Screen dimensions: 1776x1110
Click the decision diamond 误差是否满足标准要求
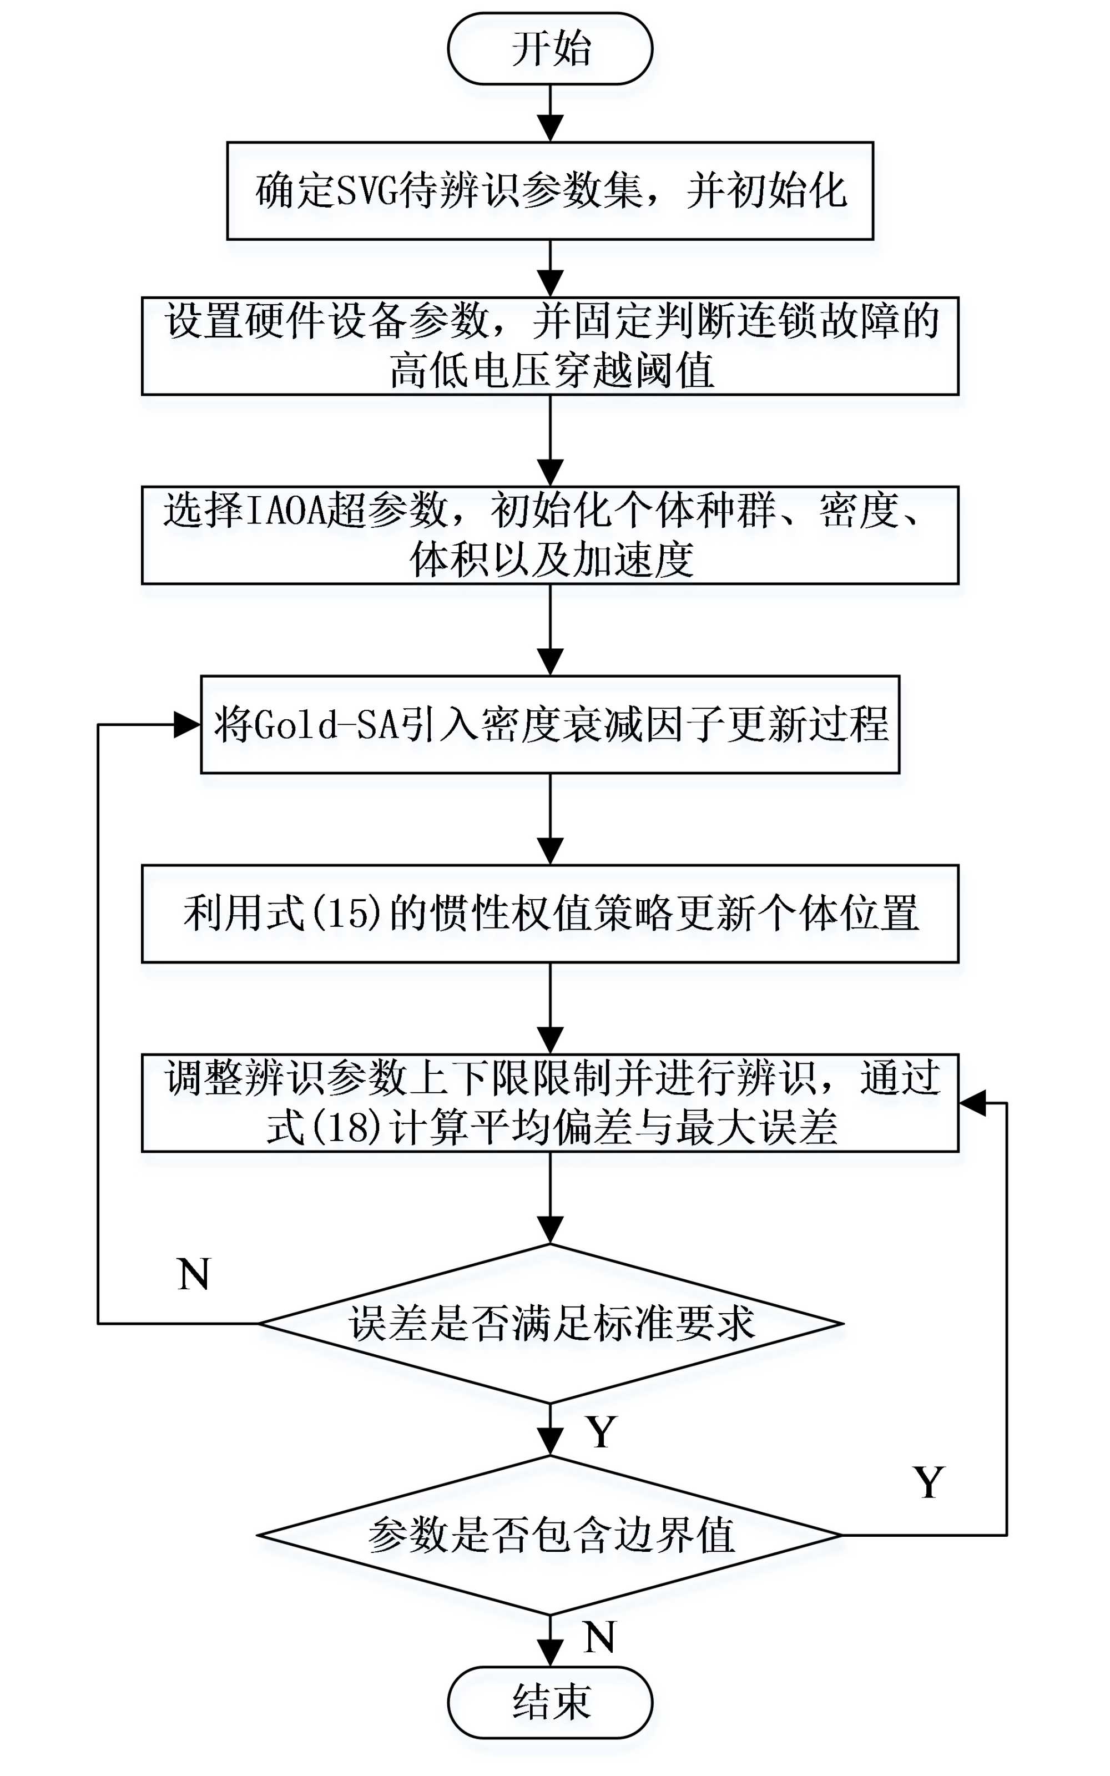click(550, 1323)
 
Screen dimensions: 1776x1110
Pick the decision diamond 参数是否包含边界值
click(550, 1535)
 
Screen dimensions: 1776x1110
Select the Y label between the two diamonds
click(601, 1432)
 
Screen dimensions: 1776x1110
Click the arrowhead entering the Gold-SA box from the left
click(187, 725)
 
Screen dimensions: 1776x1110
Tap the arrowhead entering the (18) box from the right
click(972, 1102)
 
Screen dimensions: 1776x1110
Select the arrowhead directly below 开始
click(550, 128)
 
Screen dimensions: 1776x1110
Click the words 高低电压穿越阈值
click(551, 371)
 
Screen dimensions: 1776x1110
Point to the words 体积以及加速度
click(551, 560)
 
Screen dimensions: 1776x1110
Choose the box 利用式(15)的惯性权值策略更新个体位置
click(550, 914)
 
